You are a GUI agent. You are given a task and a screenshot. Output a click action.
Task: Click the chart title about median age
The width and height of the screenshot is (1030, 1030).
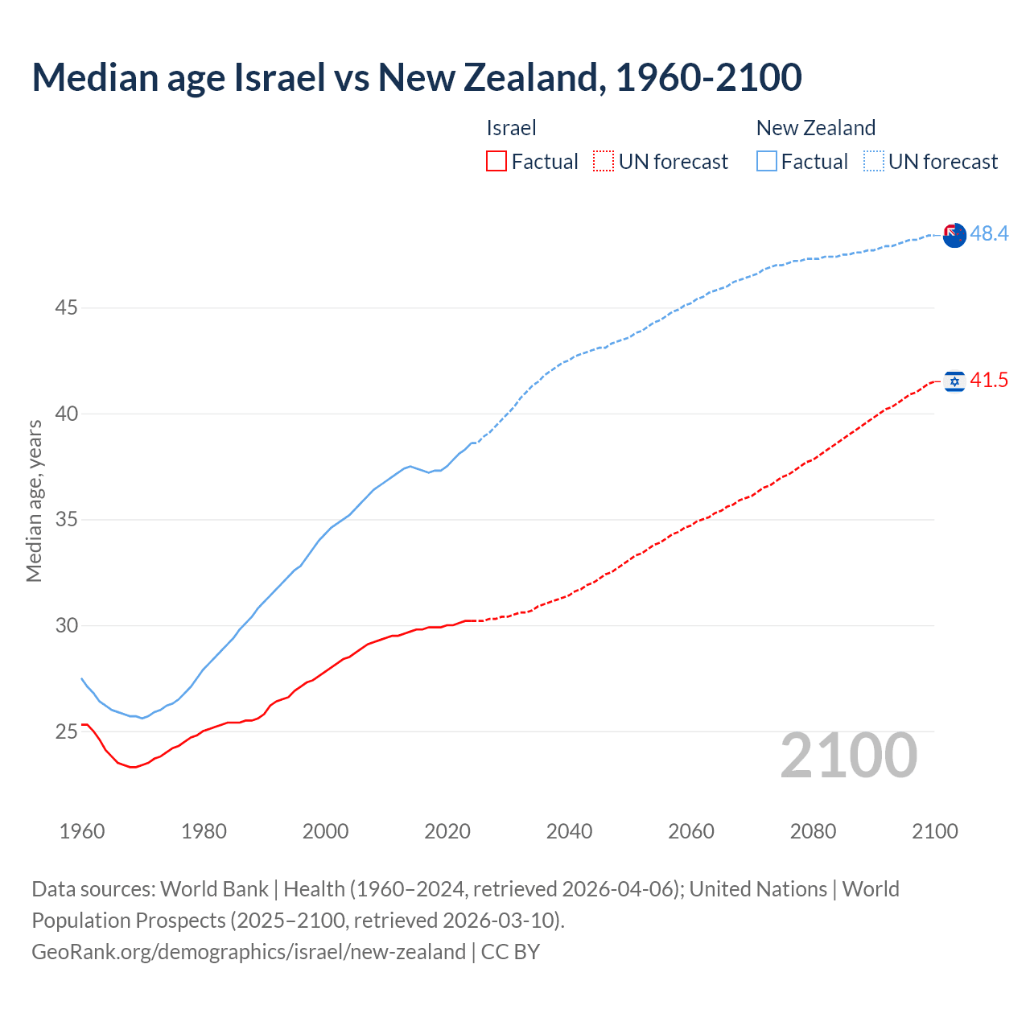click(417, 77)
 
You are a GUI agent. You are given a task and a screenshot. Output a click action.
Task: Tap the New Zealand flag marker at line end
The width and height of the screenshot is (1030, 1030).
click(954, 236)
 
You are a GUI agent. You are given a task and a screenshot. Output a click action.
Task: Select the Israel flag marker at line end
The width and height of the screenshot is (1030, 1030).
click(954, 381)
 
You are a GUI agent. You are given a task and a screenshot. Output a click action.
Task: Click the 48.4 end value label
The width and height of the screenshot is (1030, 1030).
click(989, 233)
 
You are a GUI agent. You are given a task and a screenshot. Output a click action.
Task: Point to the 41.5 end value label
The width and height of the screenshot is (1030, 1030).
click(989, 380)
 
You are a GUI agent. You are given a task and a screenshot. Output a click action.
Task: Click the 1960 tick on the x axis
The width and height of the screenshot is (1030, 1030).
click(82, 831)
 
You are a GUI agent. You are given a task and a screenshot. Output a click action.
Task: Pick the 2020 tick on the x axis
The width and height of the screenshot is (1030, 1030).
click(447, 831)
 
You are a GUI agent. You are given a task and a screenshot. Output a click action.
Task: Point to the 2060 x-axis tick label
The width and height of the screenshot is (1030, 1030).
click(691, 831)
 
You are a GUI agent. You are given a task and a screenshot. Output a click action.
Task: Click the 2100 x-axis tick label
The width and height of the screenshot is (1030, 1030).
click(934, 831)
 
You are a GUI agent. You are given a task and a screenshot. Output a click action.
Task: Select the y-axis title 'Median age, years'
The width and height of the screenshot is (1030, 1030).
click(34, 501)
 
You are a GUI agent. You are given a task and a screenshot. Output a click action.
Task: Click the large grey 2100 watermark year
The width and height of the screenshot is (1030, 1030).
click(848, 756)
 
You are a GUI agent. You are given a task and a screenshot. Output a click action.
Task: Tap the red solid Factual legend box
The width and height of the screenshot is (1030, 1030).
click(496, 162)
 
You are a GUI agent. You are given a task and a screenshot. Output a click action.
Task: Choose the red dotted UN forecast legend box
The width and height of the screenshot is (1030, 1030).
click(604, 162)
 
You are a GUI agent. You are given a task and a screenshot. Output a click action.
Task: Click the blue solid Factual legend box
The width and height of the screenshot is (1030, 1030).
click(767, 162)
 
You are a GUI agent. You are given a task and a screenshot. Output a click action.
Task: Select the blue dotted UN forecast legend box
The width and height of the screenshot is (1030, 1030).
click(874, 162)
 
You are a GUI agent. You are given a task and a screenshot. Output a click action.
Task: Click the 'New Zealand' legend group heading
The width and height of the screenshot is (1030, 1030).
click(815, 128)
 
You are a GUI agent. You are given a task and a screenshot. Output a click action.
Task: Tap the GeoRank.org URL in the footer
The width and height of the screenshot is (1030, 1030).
click(249, 952)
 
